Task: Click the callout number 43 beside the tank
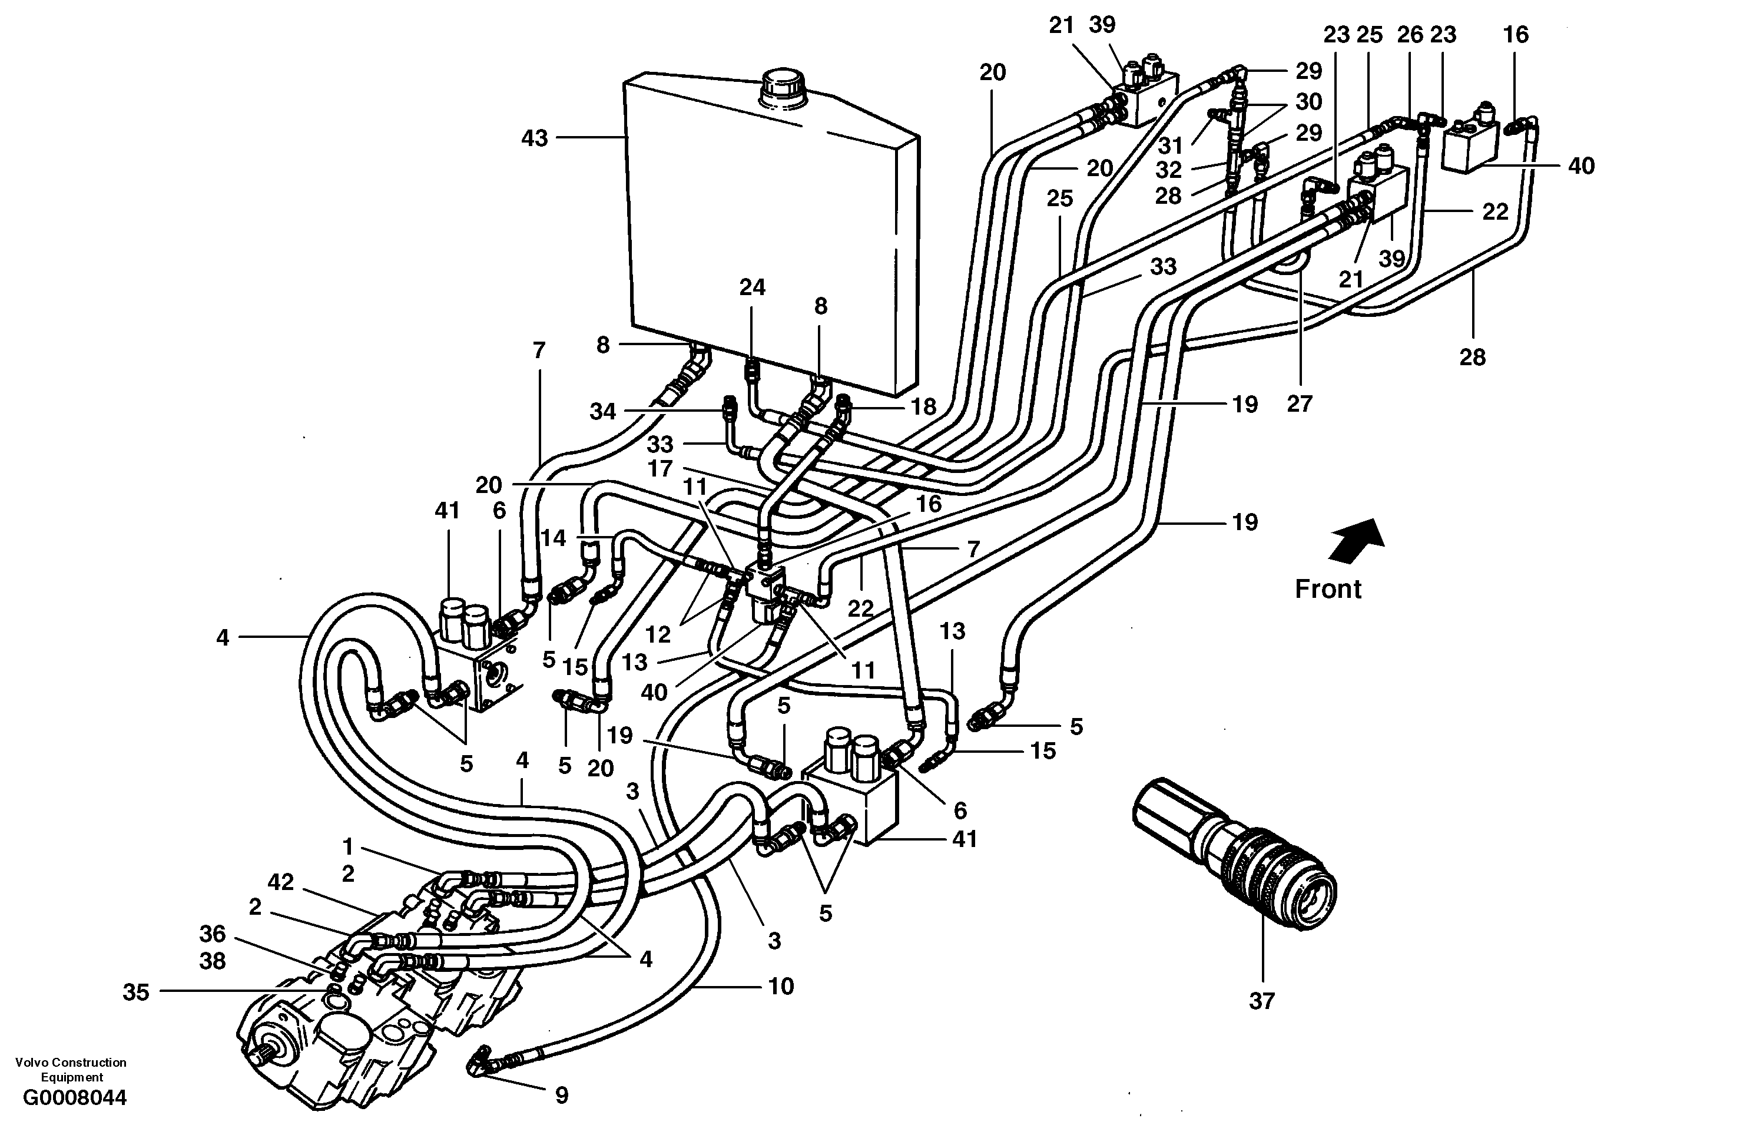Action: coord(535,138)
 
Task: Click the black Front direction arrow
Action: coord(1357,540)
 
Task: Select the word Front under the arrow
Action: coord(1328,589)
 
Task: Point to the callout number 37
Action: coord(1262,1001)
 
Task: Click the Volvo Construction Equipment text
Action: coord(71,1068)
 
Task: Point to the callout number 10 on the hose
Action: coord(781,986)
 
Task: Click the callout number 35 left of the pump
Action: coord(135,992)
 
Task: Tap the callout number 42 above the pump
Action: coord(281,881)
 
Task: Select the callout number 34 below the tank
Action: coord(602,411)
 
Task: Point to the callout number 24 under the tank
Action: coord(752,287)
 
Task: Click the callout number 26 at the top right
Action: coord(1410,35)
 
